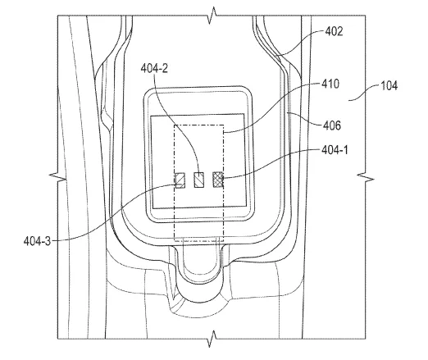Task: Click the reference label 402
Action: [x=334, y=31]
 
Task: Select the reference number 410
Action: [x=330, y=84]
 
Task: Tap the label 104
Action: [x=389, y=86]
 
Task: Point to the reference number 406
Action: [x=332, y=125]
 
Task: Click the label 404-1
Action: [x=335, y=150]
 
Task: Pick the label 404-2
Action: [x=154, y=68]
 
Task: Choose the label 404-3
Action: [x=37, y=241]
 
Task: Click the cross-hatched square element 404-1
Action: [x=218, y=180]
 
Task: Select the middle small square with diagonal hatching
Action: [x=198, y=180]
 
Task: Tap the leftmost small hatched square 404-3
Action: [x=180, y=180]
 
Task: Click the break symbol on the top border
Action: [x=212, y=16]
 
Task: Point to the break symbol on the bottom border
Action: [x=212, y=339]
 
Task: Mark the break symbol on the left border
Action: [x=57, y=176]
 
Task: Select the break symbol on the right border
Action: [x=366, y=176]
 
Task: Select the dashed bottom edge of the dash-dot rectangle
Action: [x=199, y=241]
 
